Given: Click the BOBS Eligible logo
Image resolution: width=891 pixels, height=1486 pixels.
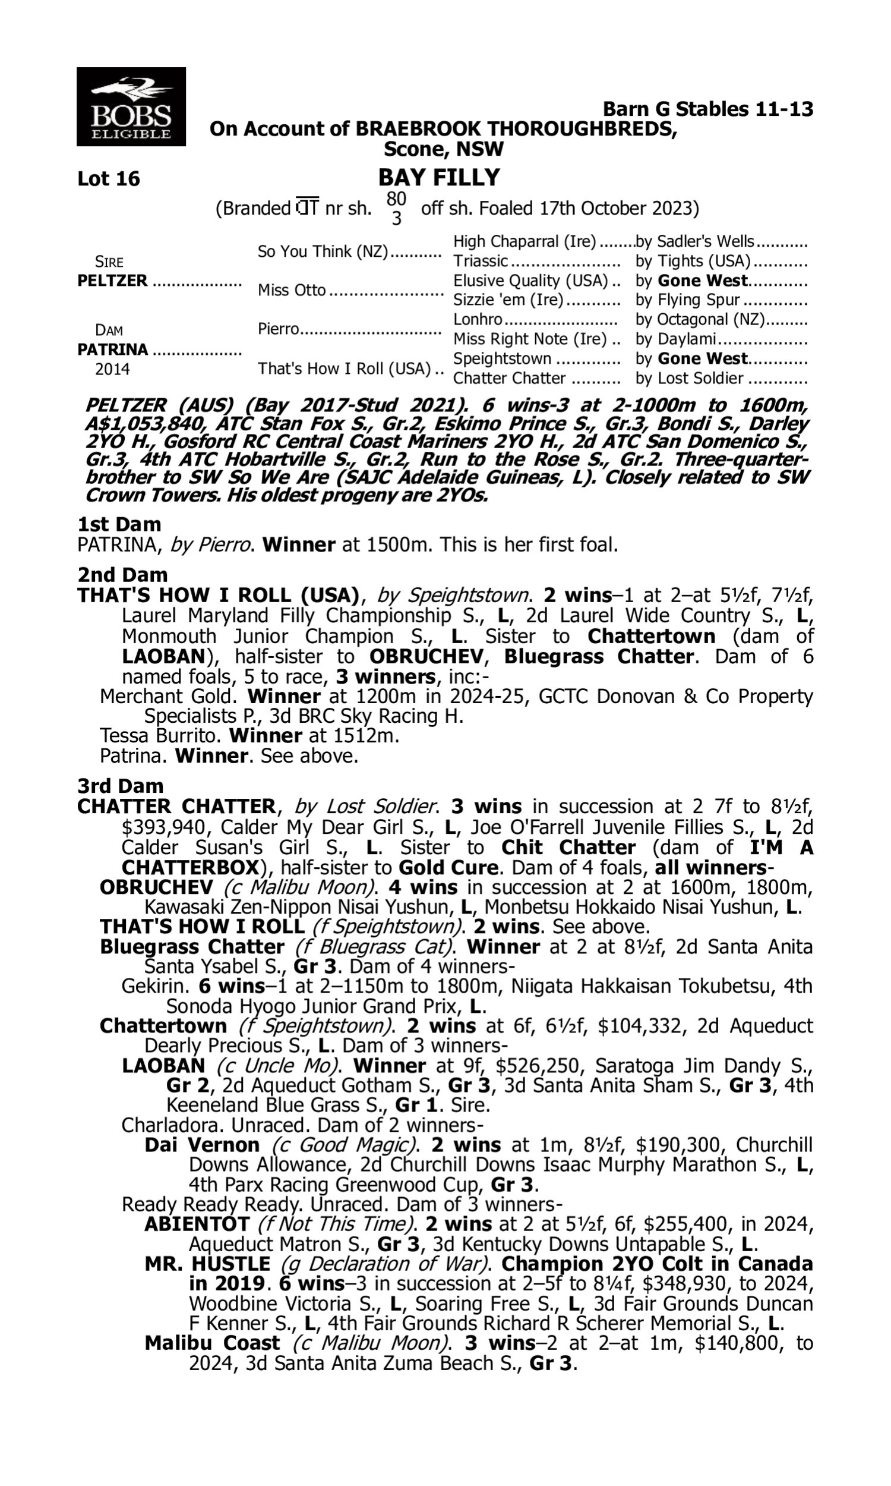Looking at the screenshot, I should tap(131, 106).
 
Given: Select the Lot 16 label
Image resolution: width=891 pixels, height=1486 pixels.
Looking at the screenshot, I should tap(108, 179).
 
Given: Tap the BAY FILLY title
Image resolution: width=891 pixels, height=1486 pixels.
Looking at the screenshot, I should tap(439, 178).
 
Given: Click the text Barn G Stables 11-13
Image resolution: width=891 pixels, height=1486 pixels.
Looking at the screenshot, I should tap(707, 109).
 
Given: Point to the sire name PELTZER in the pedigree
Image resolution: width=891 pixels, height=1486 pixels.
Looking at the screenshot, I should tap(112, 281).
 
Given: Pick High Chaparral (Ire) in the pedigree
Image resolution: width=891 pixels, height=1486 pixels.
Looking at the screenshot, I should tap(524, 241).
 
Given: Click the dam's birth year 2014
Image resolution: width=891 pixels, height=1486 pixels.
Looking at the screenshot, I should tap(112, 369).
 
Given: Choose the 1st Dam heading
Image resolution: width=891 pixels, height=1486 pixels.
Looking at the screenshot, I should tap(119, 524).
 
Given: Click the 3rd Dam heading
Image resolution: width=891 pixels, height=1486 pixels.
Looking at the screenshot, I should tap(120, 786).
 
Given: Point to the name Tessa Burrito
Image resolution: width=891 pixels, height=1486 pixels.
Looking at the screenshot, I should tap(161, 736).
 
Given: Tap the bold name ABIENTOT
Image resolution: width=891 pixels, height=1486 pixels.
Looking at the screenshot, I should tap(197, 1224).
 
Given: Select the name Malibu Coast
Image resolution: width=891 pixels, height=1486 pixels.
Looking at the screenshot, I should tap(212, 1343).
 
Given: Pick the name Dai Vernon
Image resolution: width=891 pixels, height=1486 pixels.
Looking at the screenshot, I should tap(202, 1145).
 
